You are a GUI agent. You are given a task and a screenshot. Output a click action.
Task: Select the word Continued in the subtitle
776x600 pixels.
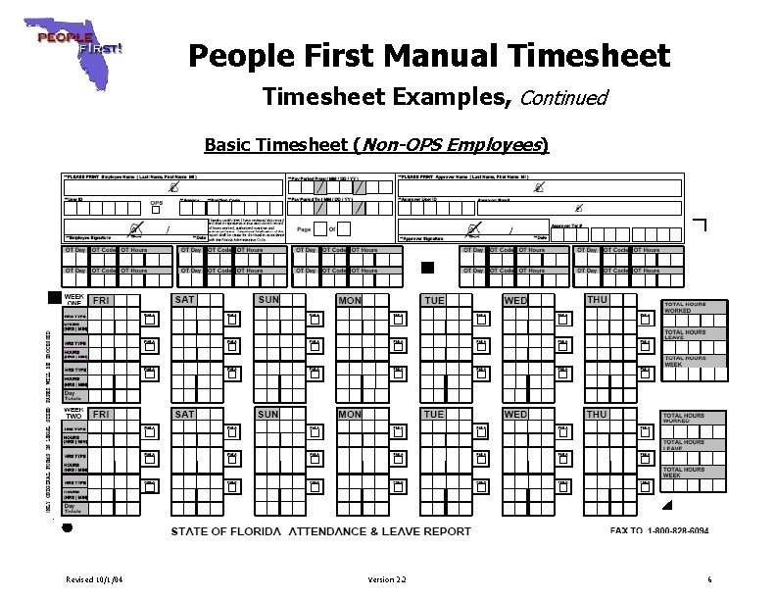(x=564, y=98)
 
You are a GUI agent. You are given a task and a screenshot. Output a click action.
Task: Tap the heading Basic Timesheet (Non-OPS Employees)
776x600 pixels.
(x=376, y=146)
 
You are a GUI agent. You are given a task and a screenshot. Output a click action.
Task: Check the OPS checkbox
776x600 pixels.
(x=155, y=210)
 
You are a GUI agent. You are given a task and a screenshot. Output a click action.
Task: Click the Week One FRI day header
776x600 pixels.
(x=102, y=300)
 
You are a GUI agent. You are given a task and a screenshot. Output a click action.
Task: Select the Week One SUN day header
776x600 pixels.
(x=268, y=299)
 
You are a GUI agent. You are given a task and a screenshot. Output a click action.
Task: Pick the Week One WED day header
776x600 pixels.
(x=515, y=300)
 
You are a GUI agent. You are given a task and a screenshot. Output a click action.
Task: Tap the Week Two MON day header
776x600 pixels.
(x=350, y=415)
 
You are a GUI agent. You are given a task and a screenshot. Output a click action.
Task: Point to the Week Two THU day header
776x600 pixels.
(x=597, y=415)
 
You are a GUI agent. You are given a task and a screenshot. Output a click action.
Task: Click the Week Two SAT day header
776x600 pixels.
(x=184, y=415)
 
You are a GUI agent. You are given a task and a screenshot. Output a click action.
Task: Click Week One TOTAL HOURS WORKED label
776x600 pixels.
(x=685, y=308)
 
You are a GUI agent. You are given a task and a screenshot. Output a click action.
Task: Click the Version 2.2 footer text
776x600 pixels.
(x=387, y=580)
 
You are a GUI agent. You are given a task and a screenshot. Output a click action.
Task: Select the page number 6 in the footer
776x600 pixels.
(x=708, y=580)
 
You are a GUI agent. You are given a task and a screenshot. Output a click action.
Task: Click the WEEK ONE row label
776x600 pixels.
(x=73, y=299)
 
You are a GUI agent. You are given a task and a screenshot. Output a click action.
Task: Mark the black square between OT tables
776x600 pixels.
(x=426, y=267)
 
